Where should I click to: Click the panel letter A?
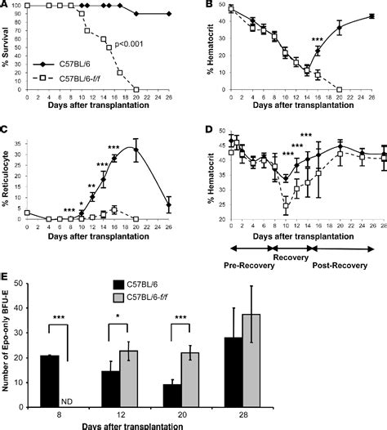(x=7, y=7)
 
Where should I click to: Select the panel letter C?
(x=7, y=131)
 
